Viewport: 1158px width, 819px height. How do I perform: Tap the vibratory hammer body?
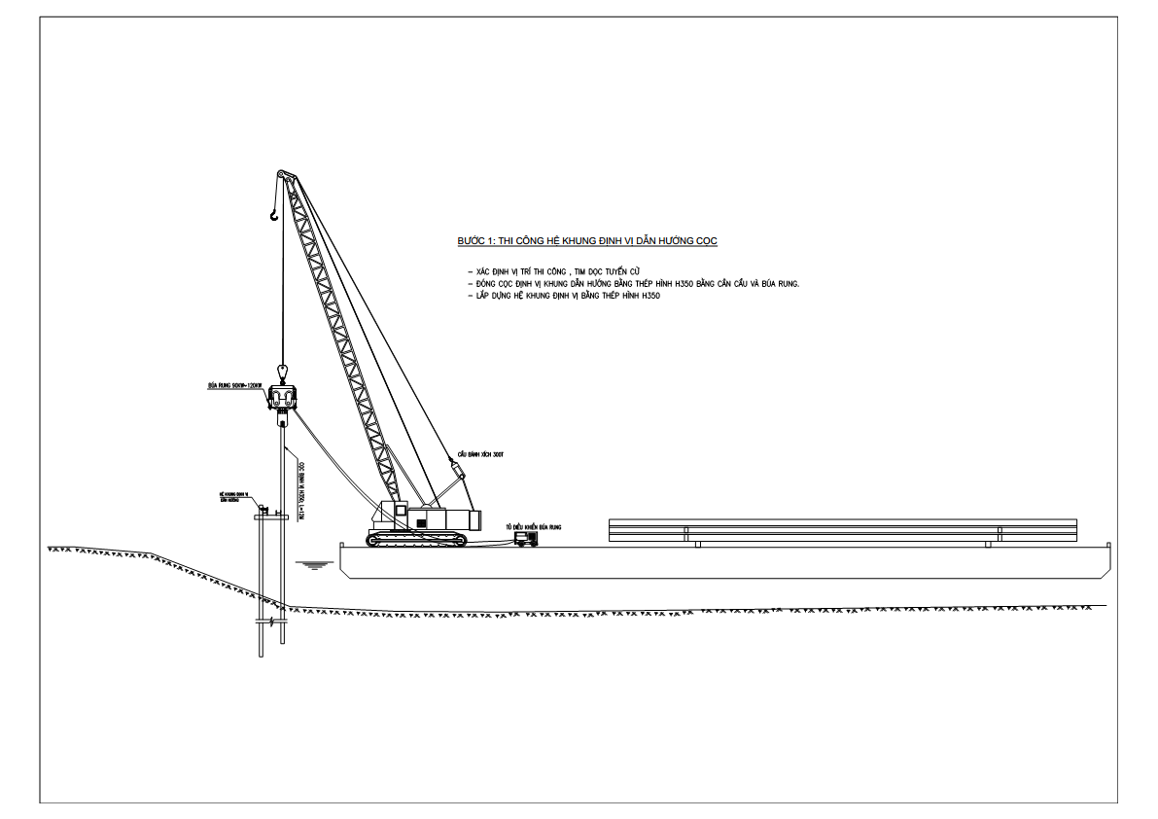click(x=282, y=398)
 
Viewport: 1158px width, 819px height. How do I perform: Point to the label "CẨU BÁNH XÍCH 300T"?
click(x=482, y=454)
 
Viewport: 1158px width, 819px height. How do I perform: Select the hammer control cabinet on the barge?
click(x=526, y=538)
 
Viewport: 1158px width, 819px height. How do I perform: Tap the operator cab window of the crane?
click(x=422, y=522)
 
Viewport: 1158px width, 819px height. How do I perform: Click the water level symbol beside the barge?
click(x=310, y=563)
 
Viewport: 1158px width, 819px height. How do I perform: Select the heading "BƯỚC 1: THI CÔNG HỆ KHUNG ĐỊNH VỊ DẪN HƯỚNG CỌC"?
click(x=587, y=240)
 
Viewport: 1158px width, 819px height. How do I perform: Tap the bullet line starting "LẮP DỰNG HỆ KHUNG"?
click(x=564, y=296)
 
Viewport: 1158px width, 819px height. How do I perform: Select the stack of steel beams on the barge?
click(x=843, y=530)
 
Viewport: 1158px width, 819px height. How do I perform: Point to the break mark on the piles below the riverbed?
click(x=270, y=621)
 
